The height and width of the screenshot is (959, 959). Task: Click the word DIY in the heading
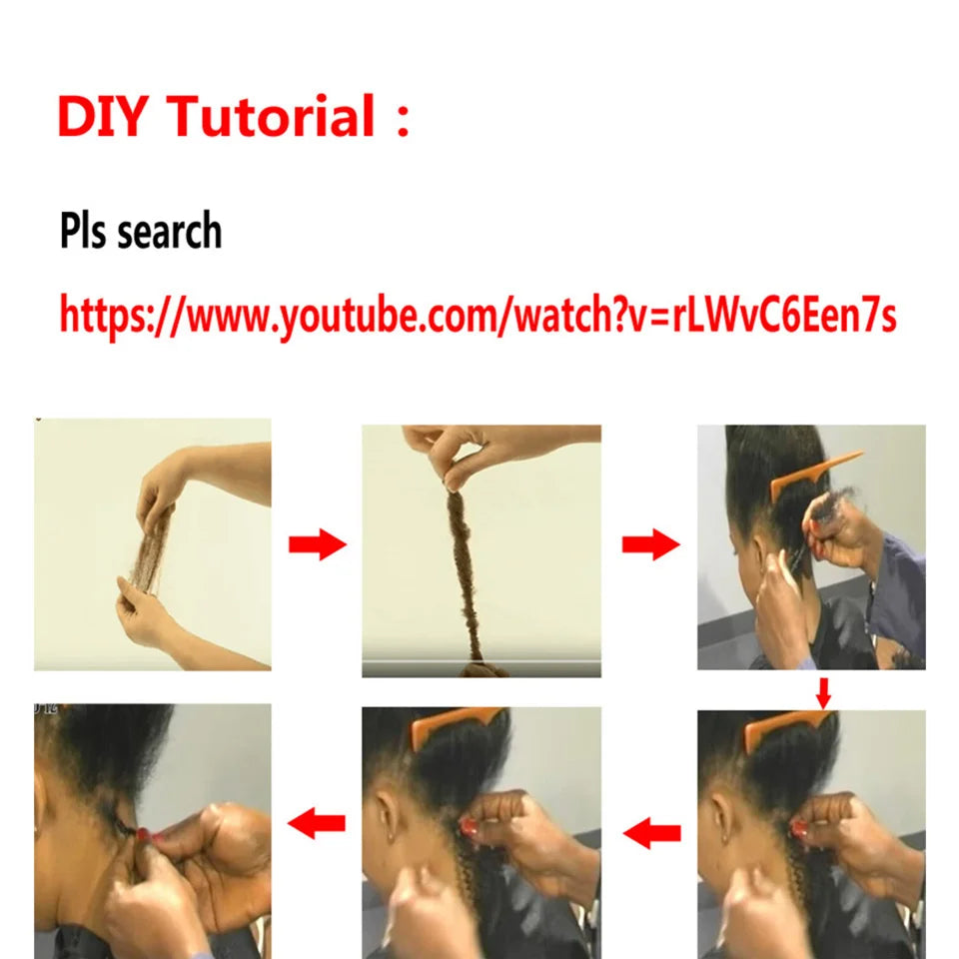pyautogui.click(x=103, y=116)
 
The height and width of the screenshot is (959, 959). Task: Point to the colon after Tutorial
pyautogui.click(x=403, y=118)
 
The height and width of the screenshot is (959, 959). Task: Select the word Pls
pyautogui.click(x=83, y=232)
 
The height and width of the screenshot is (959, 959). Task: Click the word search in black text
pyautogui.click(x=170, y=232)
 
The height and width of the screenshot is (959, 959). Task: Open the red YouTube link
pyautogui.click(x=478, y=314)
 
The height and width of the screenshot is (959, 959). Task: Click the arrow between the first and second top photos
pyautogui.click(x=317, y=545)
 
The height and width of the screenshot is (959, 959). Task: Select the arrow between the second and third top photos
pyautogui.click(x=650, y=545)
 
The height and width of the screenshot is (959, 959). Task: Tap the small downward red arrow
pyautogui.click(x=823, y=690)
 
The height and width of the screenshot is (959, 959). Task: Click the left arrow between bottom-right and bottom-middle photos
pyautogui.click(x=651, y=831)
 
